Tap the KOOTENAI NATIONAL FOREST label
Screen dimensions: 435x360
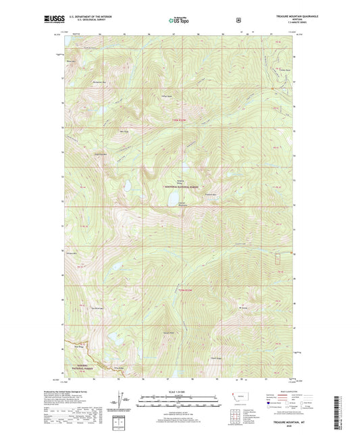coord(184,188)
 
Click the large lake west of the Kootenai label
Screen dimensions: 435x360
coord(126,184)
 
